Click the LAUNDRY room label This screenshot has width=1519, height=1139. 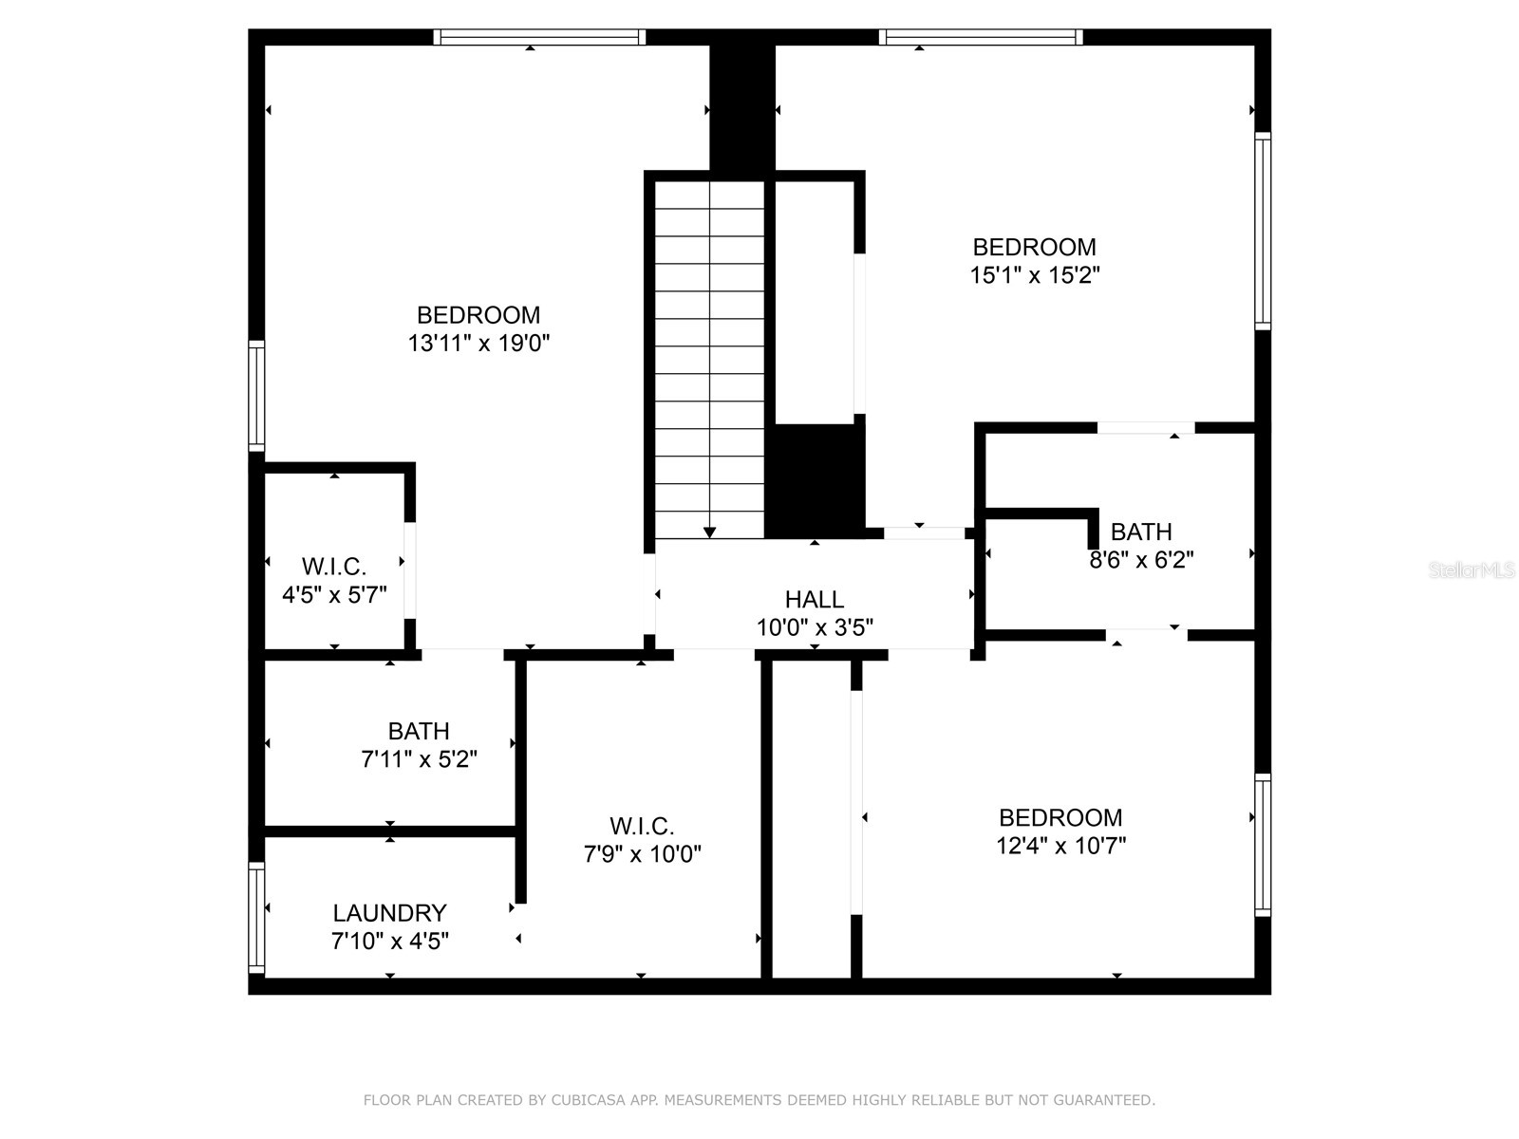[x=389, y=913]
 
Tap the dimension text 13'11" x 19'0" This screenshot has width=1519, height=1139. [x=478, y=344]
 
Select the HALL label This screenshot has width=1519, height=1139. [x=815, y=600]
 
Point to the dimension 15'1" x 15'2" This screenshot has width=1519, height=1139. [x=1034, y=276]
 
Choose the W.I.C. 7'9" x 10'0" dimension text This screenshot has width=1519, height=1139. [x=642, y=854]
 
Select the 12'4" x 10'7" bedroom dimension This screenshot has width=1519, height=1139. [x=1060, y=846]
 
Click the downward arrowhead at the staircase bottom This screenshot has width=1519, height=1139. [x=709, y=532]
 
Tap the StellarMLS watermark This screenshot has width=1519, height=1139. [x=1472, y=570]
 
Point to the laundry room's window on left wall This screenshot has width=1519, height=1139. [x=256, y=918]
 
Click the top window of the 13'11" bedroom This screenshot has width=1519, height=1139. [x=539, y=37]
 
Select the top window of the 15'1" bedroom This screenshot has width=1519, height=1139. [x=980, y=37]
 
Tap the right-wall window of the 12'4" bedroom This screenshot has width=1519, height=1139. [x=1263, y=845]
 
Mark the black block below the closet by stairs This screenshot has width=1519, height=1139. [x=815, y=480]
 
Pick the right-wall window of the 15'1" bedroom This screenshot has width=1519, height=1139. [x=1263, y=232]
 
